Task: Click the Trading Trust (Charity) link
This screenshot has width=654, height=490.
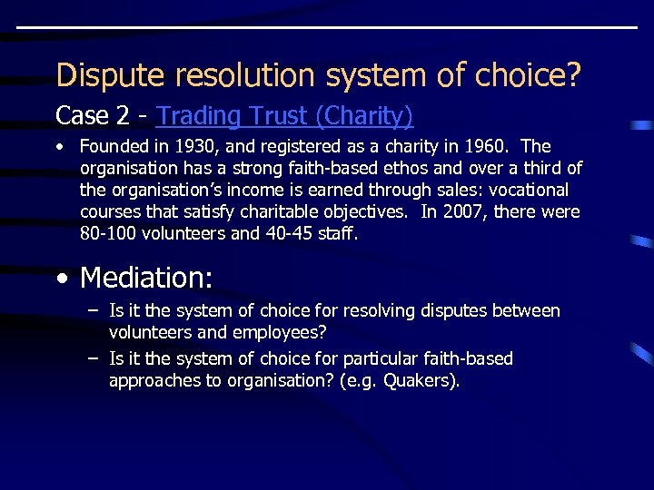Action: point(284,116)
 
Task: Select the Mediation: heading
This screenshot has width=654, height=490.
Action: point(146,277)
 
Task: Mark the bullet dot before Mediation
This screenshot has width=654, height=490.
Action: point(61,277)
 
